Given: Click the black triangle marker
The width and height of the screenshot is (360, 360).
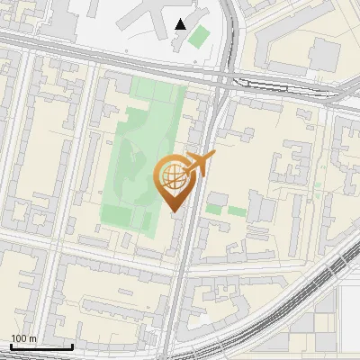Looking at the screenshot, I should pyautogui.click(x=182, y=24).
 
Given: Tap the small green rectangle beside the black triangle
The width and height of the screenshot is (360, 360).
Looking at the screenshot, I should pyautogui.click(x=199, y=37).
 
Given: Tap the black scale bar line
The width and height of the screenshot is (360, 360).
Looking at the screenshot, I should pyautogui.click(x=41, y=346).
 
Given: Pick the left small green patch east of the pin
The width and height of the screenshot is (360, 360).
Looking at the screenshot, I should pyautogui.click(x=213, y=209).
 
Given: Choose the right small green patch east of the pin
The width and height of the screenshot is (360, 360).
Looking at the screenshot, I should pyautogui.click(x=236, y=211).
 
